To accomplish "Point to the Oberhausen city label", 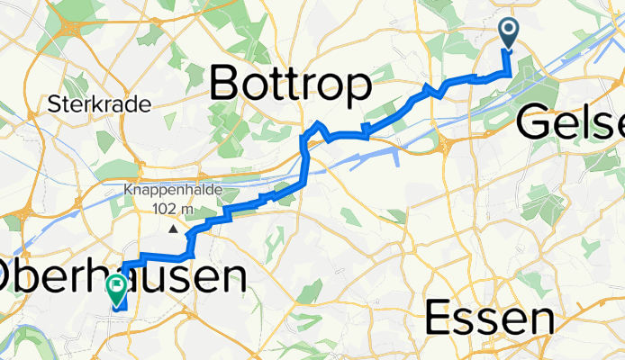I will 122,276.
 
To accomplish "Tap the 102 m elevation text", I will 175,209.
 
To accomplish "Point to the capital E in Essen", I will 438,319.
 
